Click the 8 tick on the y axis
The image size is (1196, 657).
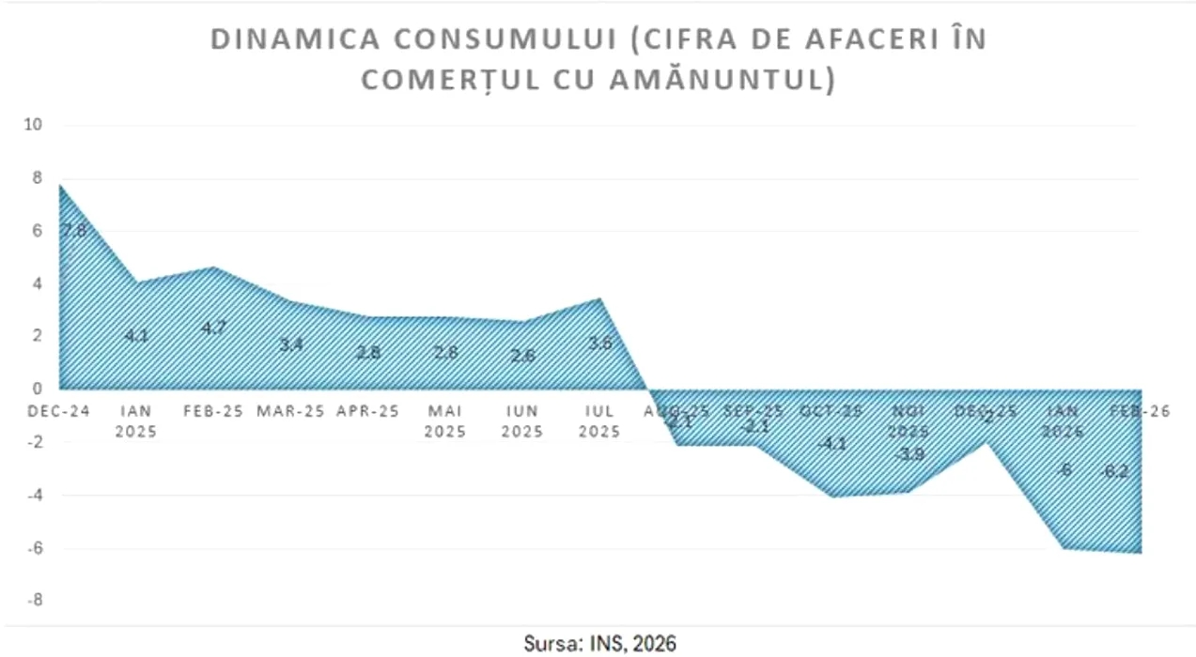click(38, 177)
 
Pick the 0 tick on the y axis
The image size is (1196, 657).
click(38, 389)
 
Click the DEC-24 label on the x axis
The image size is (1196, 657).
click(59, 411)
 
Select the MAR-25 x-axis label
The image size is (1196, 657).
click(292, 411)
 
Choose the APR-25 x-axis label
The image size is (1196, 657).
click(369, 411)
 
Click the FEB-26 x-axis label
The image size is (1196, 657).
click(1141, 411)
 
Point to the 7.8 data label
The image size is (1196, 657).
click(74, 230)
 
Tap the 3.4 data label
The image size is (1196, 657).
click(291, 344)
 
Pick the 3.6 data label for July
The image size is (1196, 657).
click(600, 343)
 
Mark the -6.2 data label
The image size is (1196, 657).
click(1114, 471)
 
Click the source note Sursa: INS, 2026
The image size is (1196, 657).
click(599, 643)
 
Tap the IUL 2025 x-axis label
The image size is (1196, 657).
click(599, 421)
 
